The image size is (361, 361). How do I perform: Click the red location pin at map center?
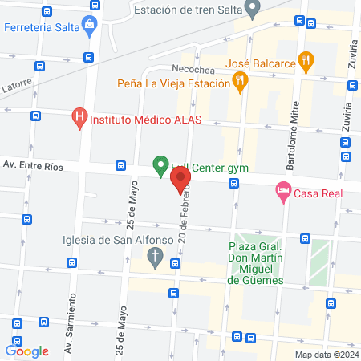pos(180,179)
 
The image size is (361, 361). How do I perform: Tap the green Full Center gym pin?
pos(160,166)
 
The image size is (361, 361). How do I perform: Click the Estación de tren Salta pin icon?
pos(254,10)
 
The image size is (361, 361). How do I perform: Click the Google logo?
pos(27,350)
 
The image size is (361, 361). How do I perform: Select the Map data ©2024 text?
pos(325,355)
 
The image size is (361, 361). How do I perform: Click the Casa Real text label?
pos(318,193)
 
